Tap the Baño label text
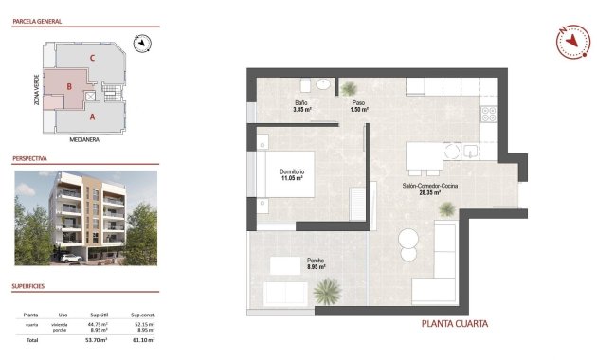click(x=300, y=102)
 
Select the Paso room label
click(x=359, y=102)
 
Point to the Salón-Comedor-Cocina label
click(x=430, y=185)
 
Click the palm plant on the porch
click(x=327, y=290)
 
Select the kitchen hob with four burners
click(x=489, y=116)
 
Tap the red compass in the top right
click(x=569, y=42)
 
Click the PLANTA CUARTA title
click(x=455, y=324)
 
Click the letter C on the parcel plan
click(x=91, y=58)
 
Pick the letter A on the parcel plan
click(x=92, y=118)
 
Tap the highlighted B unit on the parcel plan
click(x=69, y=88)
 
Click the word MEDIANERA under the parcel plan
click(x=85, y=138)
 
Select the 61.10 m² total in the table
click(x=142, y=338)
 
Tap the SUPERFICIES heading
click(x=30, y=285)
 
